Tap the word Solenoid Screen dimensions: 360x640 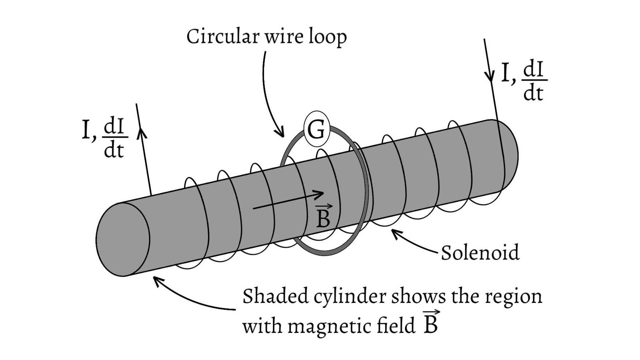click(x=480, y=252)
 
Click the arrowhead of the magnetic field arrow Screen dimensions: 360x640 click(x=320, y=194)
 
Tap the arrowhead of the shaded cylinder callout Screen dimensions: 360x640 click(x=157, y=281)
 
